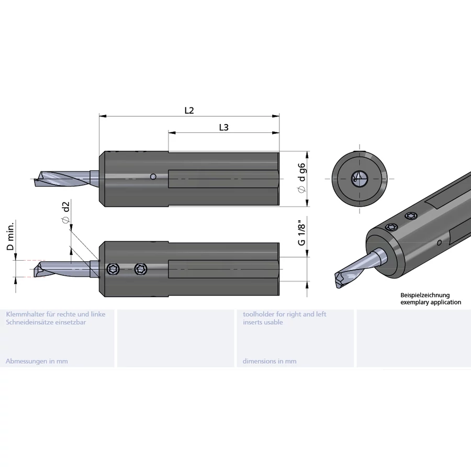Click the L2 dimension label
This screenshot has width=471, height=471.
[189, 110]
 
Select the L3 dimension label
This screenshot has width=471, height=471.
[224, 128]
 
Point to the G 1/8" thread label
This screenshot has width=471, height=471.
[301, 234]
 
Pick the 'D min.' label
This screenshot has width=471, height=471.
[10, 236]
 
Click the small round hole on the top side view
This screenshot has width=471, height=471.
[153, 176]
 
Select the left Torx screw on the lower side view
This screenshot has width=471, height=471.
[113, 269]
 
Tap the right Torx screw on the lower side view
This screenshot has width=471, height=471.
[141, 269]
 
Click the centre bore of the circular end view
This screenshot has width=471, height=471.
[360, 179]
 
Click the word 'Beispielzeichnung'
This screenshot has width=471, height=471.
[425, 295]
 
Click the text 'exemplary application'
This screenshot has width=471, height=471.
[431, 302]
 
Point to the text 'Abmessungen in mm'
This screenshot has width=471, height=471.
[37, 361]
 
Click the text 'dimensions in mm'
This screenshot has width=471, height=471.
[270, 361]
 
